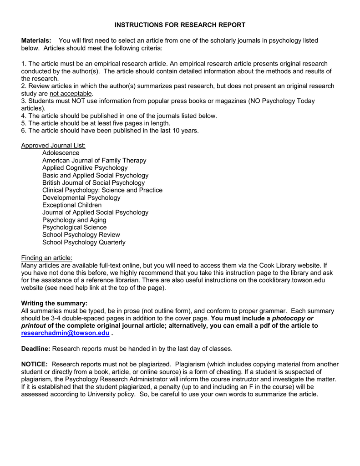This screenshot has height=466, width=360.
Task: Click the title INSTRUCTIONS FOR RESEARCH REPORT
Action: (x=180, y=25)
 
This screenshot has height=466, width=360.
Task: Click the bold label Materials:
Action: (x=36, y=41)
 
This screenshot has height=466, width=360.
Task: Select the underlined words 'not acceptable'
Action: (x=71, y=94)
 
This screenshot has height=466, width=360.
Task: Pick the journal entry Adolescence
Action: (x=61, y=153)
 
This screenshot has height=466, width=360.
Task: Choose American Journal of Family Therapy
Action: (x=94, y=161)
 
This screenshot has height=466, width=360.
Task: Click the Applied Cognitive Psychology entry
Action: (x=85, y=168)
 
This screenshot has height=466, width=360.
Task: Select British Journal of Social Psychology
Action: (x=93, y=183)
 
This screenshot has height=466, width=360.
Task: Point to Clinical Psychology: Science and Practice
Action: (x=102, y=190)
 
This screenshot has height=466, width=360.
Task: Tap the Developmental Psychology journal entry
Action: (x=81, y=198)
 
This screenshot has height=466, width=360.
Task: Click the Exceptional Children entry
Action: (x=72, y=205)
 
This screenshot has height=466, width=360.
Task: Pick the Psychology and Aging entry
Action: (x=74, y=220)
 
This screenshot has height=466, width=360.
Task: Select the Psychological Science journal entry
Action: (x=74, y=228)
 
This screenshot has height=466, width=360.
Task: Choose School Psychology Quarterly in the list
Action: (x=84, y=243)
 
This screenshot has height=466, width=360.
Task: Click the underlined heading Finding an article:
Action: (x=46, y=258)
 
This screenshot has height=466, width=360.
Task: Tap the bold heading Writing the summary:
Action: (x=54, y=304)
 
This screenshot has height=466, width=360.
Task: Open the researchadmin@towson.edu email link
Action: (x=66, y=334)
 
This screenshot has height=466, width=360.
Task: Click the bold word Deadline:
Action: (x=36, y=349)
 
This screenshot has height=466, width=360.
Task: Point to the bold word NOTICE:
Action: (x=35, y=365)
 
